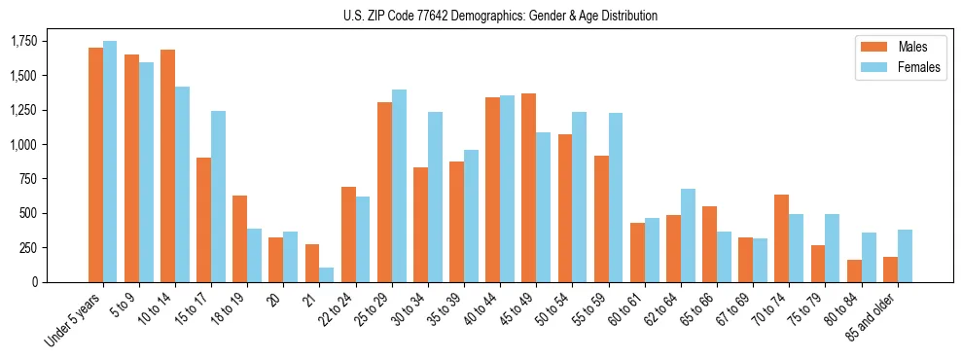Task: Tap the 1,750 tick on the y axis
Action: pyautogui.click(x=24, y=41)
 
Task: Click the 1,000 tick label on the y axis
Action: pyautogui.click(x=24, y=144)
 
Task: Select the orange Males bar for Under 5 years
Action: pyautogui.click(x=95, y=164)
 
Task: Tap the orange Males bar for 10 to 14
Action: pyautogui.click(x=167, y=165)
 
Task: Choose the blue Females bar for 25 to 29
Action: pyautogui.click(x=399, y=185)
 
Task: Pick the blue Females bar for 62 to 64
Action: pyautogui.click(x=688, y=234)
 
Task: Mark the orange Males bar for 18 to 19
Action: pyautogui.click(x=239, y=238)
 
